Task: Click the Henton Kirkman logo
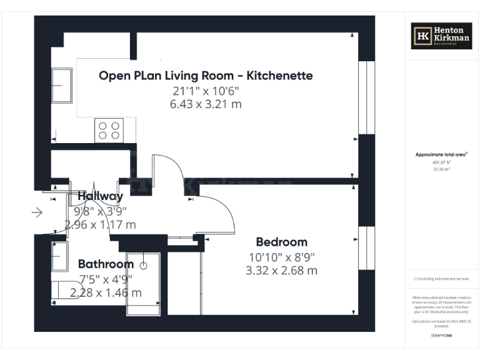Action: tap(441, 36)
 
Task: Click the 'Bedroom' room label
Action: tap(281, 242)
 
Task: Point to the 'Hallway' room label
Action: tap(101, 196)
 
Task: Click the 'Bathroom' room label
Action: tap(106, 264)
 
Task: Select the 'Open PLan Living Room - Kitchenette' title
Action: tap(206, 76)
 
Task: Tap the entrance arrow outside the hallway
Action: tap(37, 213)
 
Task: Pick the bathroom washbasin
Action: tap(60, 256)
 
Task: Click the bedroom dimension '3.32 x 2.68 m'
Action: tap(281, 270)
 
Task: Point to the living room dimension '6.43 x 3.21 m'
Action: tap(206, 104)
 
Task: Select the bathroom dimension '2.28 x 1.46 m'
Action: tap(106, 292)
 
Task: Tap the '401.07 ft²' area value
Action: tap(441, 161)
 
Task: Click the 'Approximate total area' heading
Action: tap(441, 154)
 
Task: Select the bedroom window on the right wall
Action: tap(367, 250)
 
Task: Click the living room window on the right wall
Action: tap(367, 98)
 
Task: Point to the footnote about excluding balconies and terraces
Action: tap(441, 279)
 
